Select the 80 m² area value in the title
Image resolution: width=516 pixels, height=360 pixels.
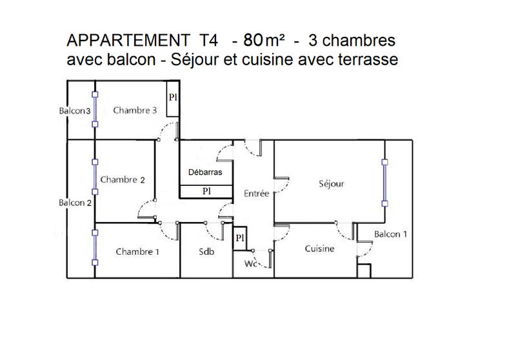tap(264, 41)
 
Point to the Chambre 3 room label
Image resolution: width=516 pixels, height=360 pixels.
tap(135, 110)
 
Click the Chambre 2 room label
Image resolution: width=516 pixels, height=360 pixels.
tap(123, 179)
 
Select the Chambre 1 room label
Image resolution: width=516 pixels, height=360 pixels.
tap(137, 252)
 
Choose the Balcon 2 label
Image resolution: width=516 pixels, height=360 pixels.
tap(75, 203)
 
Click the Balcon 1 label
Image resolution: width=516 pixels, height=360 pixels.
tap(391, 234)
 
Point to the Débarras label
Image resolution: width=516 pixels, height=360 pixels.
tap(205, 172)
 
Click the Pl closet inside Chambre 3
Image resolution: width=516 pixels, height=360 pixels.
tap(173, 99)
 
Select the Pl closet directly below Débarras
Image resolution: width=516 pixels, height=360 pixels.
tap(206, 191)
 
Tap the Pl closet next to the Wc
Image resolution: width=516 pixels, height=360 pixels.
tap(239, 238)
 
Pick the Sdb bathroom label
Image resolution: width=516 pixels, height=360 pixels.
tap(206, 252)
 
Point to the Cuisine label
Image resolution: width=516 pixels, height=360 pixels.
tap(319, 249)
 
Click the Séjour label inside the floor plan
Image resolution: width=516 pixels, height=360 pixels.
tap(332, 184)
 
